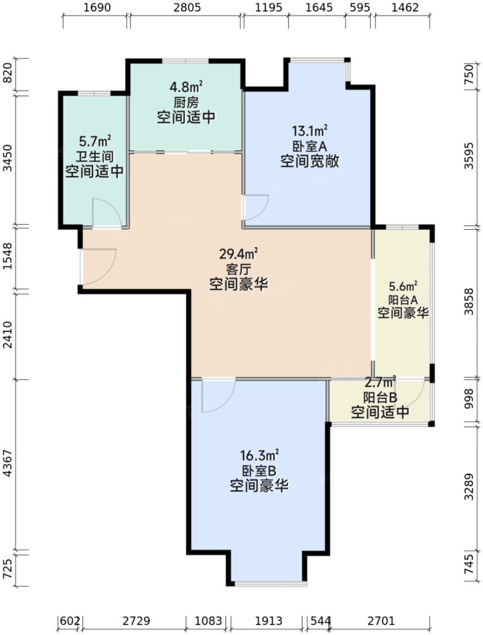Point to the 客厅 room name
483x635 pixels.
click(238, 268)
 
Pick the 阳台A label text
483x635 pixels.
click(403, 299)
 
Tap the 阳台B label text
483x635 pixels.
click(380, 396)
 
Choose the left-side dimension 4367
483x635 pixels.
click(8, 465)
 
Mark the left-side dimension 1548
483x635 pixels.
click(8, 257)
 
